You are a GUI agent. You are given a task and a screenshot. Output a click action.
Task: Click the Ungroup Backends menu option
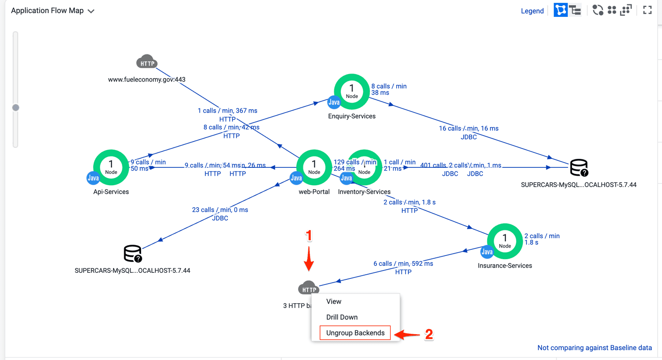[355, 333]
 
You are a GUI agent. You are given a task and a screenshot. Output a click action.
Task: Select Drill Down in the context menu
[342, 317]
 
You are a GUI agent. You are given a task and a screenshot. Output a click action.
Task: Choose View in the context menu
[334, 301]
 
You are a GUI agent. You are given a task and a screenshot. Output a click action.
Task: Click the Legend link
[532, 11]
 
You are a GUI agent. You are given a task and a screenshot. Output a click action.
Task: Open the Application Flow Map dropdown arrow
[91, 11]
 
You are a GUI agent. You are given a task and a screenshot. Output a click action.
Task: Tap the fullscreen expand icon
[647, 10]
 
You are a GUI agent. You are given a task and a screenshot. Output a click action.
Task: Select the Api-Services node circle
[111, 167]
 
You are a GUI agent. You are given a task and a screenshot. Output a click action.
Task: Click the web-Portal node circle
[314, 167]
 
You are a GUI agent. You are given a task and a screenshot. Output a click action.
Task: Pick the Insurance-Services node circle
[505, 241]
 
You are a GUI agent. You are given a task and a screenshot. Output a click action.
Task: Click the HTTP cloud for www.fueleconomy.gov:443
[147, 62]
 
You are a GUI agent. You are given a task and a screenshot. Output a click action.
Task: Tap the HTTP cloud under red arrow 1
[308, 288]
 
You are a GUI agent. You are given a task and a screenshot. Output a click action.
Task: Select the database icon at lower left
[132, 254]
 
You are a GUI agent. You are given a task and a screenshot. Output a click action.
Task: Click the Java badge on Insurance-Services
[487, 252]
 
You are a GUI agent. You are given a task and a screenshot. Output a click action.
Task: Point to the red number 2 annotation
[429, 334]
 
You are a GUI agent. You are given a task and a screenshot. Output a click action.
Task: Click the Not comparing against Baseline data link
[594, 348]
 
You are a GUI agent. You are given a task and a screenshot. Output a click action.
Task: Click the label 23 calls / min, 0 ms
[220, 210]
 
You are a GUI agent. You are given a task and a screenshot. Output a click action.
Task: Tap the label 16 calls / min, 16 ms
[468, 128]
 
